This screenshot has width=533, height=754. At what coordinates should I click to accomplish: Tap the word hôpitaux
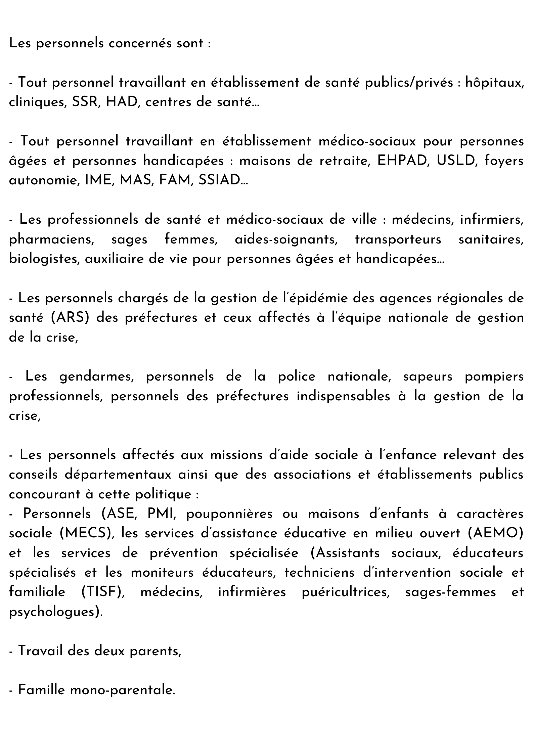[494, 83]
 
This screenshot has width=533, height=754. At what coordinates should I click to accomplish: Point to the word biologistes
[44, 259]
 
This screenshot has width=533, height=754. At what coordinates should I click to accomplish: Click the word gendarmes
[97, 376]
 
